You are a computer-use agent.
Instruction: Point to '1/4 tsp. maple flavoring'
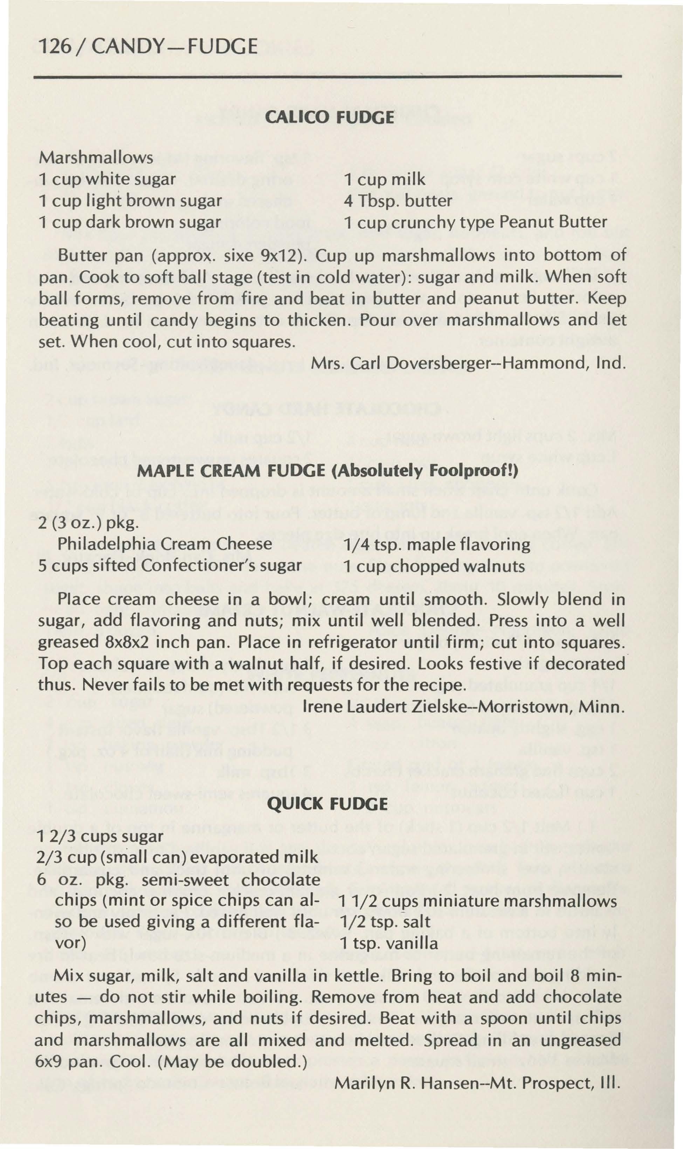437,545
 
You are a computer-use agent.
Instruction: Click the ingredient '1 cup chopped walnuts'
434,566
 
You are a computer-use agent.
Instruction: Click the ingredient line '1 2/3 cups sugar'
99,836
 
